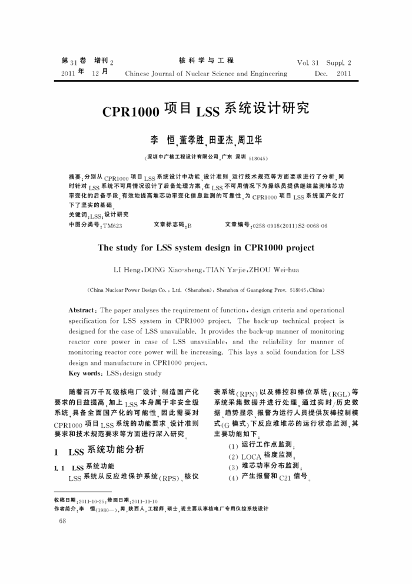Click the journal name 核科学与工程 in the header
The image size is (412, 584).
(205, 60)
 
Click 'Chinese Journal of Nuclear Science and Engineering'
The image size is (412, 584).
(206, 74)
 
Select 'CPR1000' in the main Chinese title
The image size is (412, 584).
(128, 112)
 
